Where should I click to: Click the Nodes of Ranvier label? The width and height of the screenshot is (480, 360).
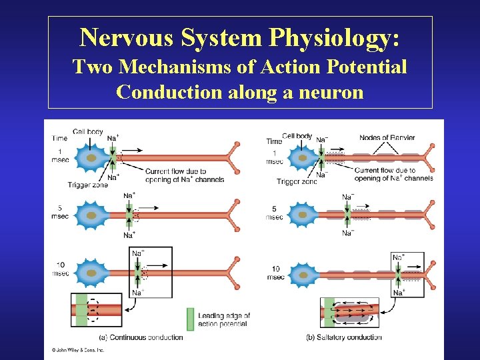pos(387,138)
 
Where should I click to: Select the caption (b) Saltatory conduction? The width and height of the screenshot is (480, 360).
pos(344,337)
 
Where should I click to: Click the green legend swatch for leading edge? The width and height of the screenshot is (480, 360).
pos(191,319)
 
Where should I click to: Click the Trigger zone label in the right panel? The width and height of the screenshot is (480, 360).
pos(297,181)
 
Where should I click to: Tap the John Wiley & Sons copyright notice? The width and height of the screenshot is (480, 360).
pos(78,349)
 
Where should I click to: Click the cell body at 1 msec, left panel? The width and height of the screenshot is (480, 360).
pos(91,159)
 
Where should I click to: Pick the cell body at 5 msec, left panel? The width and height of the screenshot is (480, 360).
pos(91,215)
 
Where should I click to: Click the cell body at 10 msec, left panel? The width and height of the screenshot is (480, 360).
pos(91,273)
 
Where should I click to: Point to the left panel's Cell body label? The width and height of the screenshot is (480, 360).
pos(88,132)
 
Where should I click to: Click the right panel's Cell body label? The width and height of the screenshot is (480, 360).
pos(297,136)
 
